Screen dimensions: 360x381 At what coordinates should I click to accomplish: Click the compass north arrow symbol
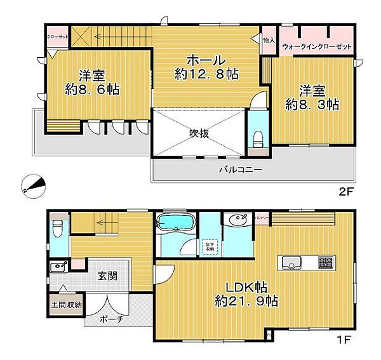point(34,185)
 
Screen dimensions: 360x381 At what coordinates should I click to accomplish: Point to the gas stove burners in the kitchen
point(325,262)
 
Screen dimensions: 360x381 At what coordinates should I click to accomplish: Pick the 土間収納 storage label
point(67,305)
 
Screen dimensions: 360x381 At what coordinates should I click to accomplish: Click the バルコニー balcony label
point(241,170)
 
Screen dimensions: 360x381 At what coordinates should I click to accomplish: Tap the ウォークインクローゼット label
point(316,46)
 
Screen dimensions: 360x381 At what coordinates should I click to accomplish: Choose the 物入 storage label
point(269,41)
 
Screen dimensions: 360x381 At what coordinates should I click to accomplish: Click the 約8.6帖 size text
point(93,90)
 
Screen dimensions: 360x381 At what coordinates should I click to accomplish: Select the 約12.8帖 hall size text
point(206,75)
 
